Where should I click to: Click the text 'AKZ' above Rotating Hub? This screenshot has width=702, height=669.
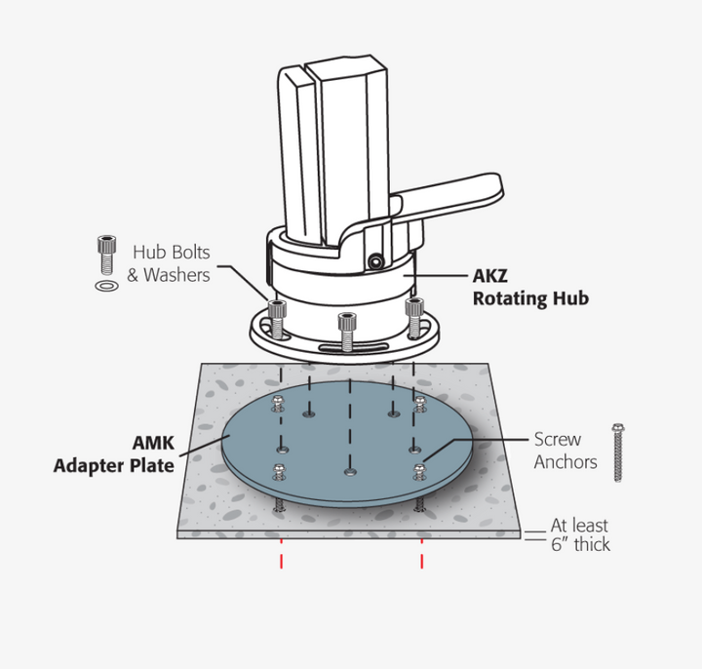(490, 276)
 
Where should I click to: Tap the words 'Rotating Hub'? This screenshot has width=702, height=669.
(530, 298)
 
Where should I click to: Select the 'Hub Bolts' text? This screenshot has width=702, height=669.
(172, 253)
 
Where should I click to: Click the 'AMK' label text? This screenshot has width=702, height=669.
(154, 443)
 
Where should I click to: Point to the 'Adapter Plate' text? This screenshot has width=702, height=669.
(114, 466)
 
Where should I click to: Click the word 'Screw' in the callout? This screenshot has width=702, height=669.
(558, 439)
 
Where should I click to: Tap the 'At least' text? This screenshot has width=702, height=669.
(579, 525)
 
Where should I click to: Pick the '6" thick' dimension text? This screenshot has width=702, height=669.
(580, 544)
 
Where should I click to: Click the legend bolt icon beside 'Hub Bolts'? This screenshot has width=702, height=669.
(106, 255)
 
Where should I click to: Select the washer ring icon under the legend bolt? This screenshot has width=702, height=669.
(107, 285)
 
